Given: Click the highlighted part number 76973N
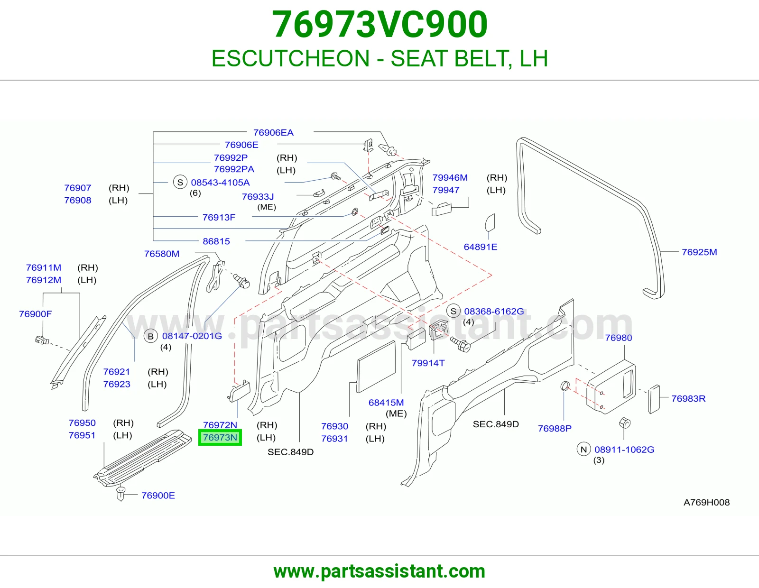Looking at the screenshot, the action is [x=220, y=437].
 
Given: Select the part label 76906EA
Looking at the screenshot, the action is [x=273, y=133].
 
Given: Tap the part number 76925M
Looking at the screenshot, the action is [x=699, y=252].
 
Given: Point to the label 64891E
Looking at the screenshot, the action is [x=480, y=247].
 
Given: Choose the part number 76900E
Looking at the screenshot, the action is [x=158, y=496].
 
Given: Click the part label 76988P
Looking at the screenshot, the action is [x=555, y=428].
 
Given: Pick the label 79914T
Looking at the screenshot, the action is [x=428, y=363].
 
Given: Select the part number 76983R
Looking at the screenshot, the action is [x=688, y=398].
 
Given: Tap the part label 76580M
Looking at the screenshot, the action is [x=162, y=254].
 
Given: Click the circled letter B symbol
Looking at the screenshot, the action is [x=150, y=336].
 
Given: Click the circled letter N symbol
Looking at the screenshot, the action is [x=583, y=450].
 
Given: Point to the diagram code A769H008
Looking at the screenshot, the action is [x=706, y=503].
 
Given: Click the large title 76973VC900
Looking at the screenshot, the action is [x=379, y=24].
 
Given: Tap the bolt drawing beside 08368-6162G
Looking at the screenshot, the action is [x=460, y=344].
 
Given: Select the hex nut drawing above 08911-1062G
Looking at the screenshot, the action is [x=625, y=423].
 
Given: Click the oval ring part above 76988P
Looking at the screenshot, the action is [x=565, y=386].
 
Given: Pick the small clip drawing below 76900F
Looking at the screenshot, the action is [x=42, y=340].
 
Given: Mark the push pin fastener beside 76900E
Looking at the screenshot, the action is [x=120, y=493].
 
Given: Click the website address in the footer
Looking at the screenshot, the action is [x=379, y=571].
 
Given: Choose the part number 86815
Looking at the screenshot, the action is [x=216, y=241].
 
